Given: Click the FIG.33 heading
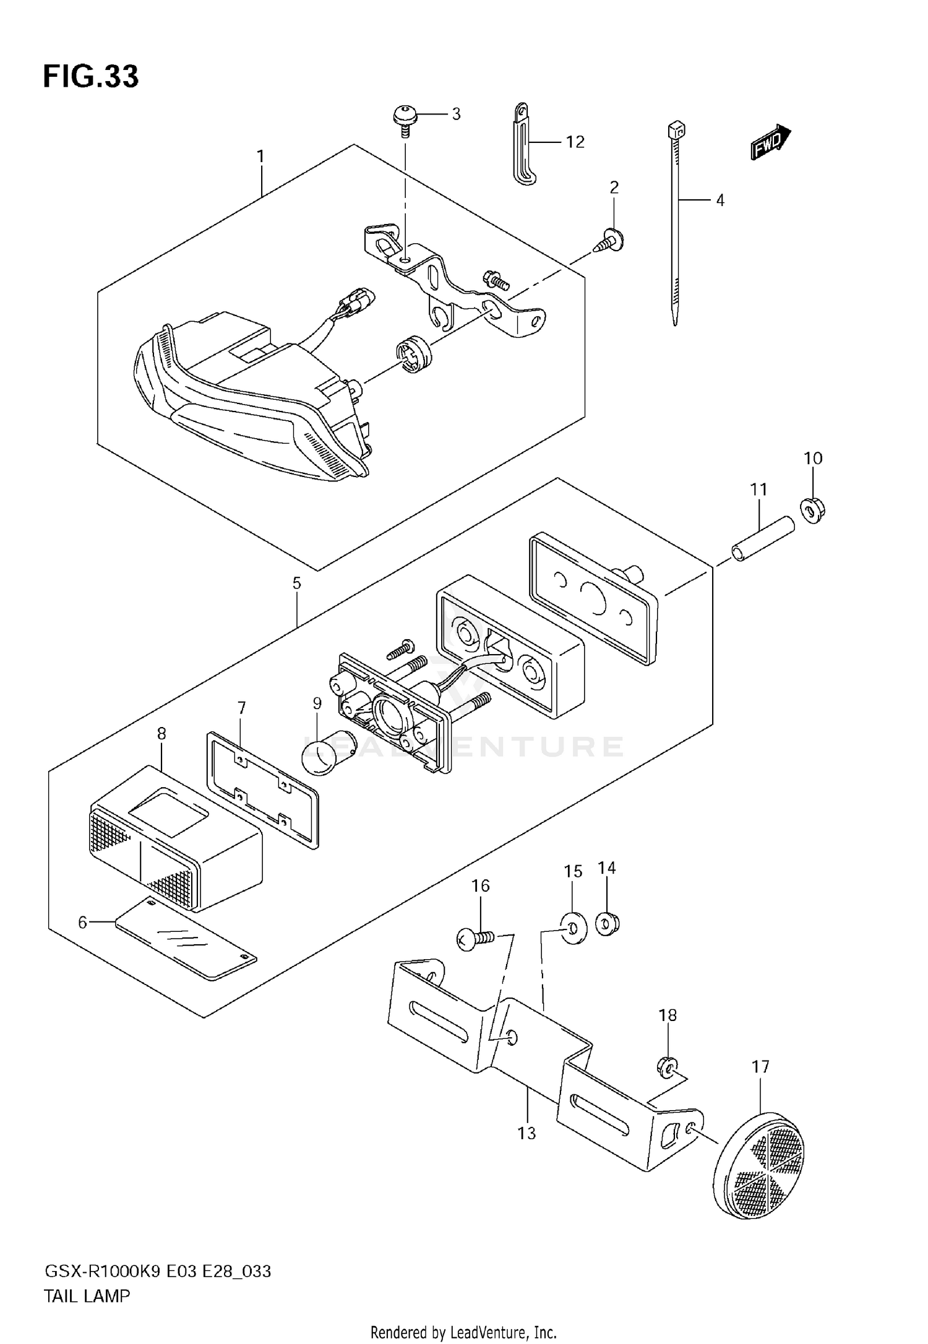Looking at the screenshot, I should pyautogui.click(x=91, y=77).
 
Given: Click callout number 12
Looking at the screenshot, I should pyautogui.click(x=575, y=142).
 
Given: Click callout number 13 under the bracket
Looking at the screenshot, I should pyautogui.click(x=526, y=1133).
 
